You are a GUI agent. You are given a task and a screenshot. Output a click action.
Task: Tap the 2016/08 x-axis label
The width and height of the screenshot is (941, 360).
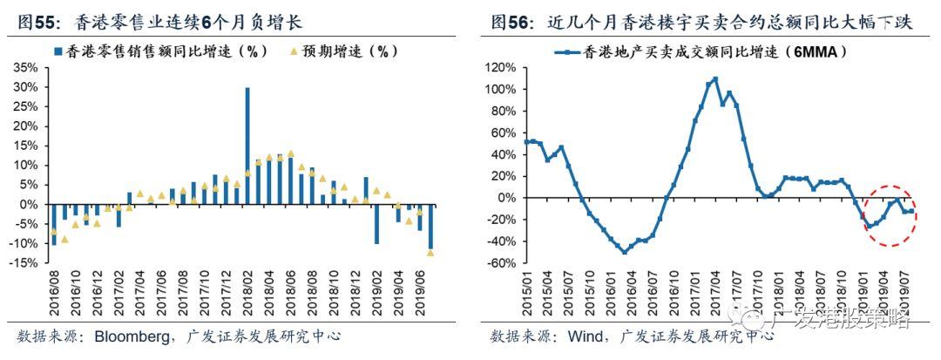54,294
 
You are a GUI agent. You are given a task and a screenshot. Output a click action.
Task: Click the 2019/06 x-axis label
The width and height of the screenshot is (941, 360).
419,294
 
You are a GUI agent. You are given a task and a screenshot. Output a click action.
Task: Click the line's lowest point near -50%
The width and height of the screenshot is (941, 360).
624,252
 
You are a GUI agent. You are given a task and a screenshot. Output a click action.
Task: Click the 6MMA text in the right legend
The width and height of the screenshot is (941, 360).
814,51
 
